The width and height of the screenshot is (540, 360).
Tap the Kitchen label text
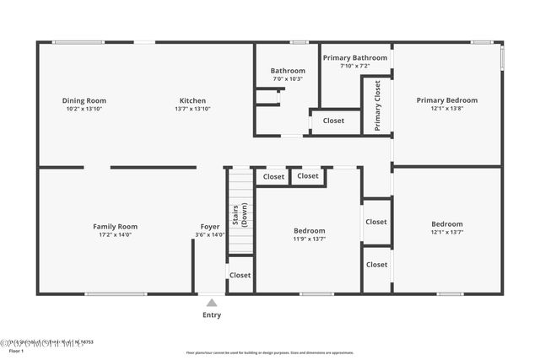click(192, 100)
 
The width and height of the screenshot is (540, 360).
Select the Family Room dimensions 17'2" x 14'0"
click(115, 234)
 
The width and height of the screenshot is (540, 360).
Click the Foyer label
click(209, 226)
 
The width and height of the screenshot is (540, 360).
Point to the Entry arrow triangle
click(211, 303)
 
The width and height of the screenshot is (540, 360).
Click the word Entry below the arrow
click(211, 315)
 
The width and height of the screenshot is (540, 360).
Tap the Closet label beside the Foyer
click(240, 275)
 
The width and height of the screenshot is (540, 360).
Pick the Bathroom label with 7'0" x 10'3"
click(287, 71)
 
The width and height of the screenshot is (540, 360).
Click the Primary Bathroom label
click(355, 57)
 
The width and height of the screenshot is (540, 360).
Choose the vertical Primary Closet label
click(377, 105)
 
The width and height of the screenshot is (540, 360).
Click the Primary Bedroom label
click(446, 100)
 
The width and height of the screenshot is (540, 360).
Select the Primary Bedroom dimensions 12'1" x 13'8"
click(446, 108)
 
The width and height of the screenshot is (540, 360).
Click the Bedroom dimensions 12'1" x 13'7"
click(446, 232)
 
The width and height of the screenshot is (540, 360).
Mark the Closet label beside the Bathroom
click(333, 121)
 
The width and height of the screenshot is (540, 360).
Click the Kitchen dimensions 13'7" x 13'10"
click(192, 109)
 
